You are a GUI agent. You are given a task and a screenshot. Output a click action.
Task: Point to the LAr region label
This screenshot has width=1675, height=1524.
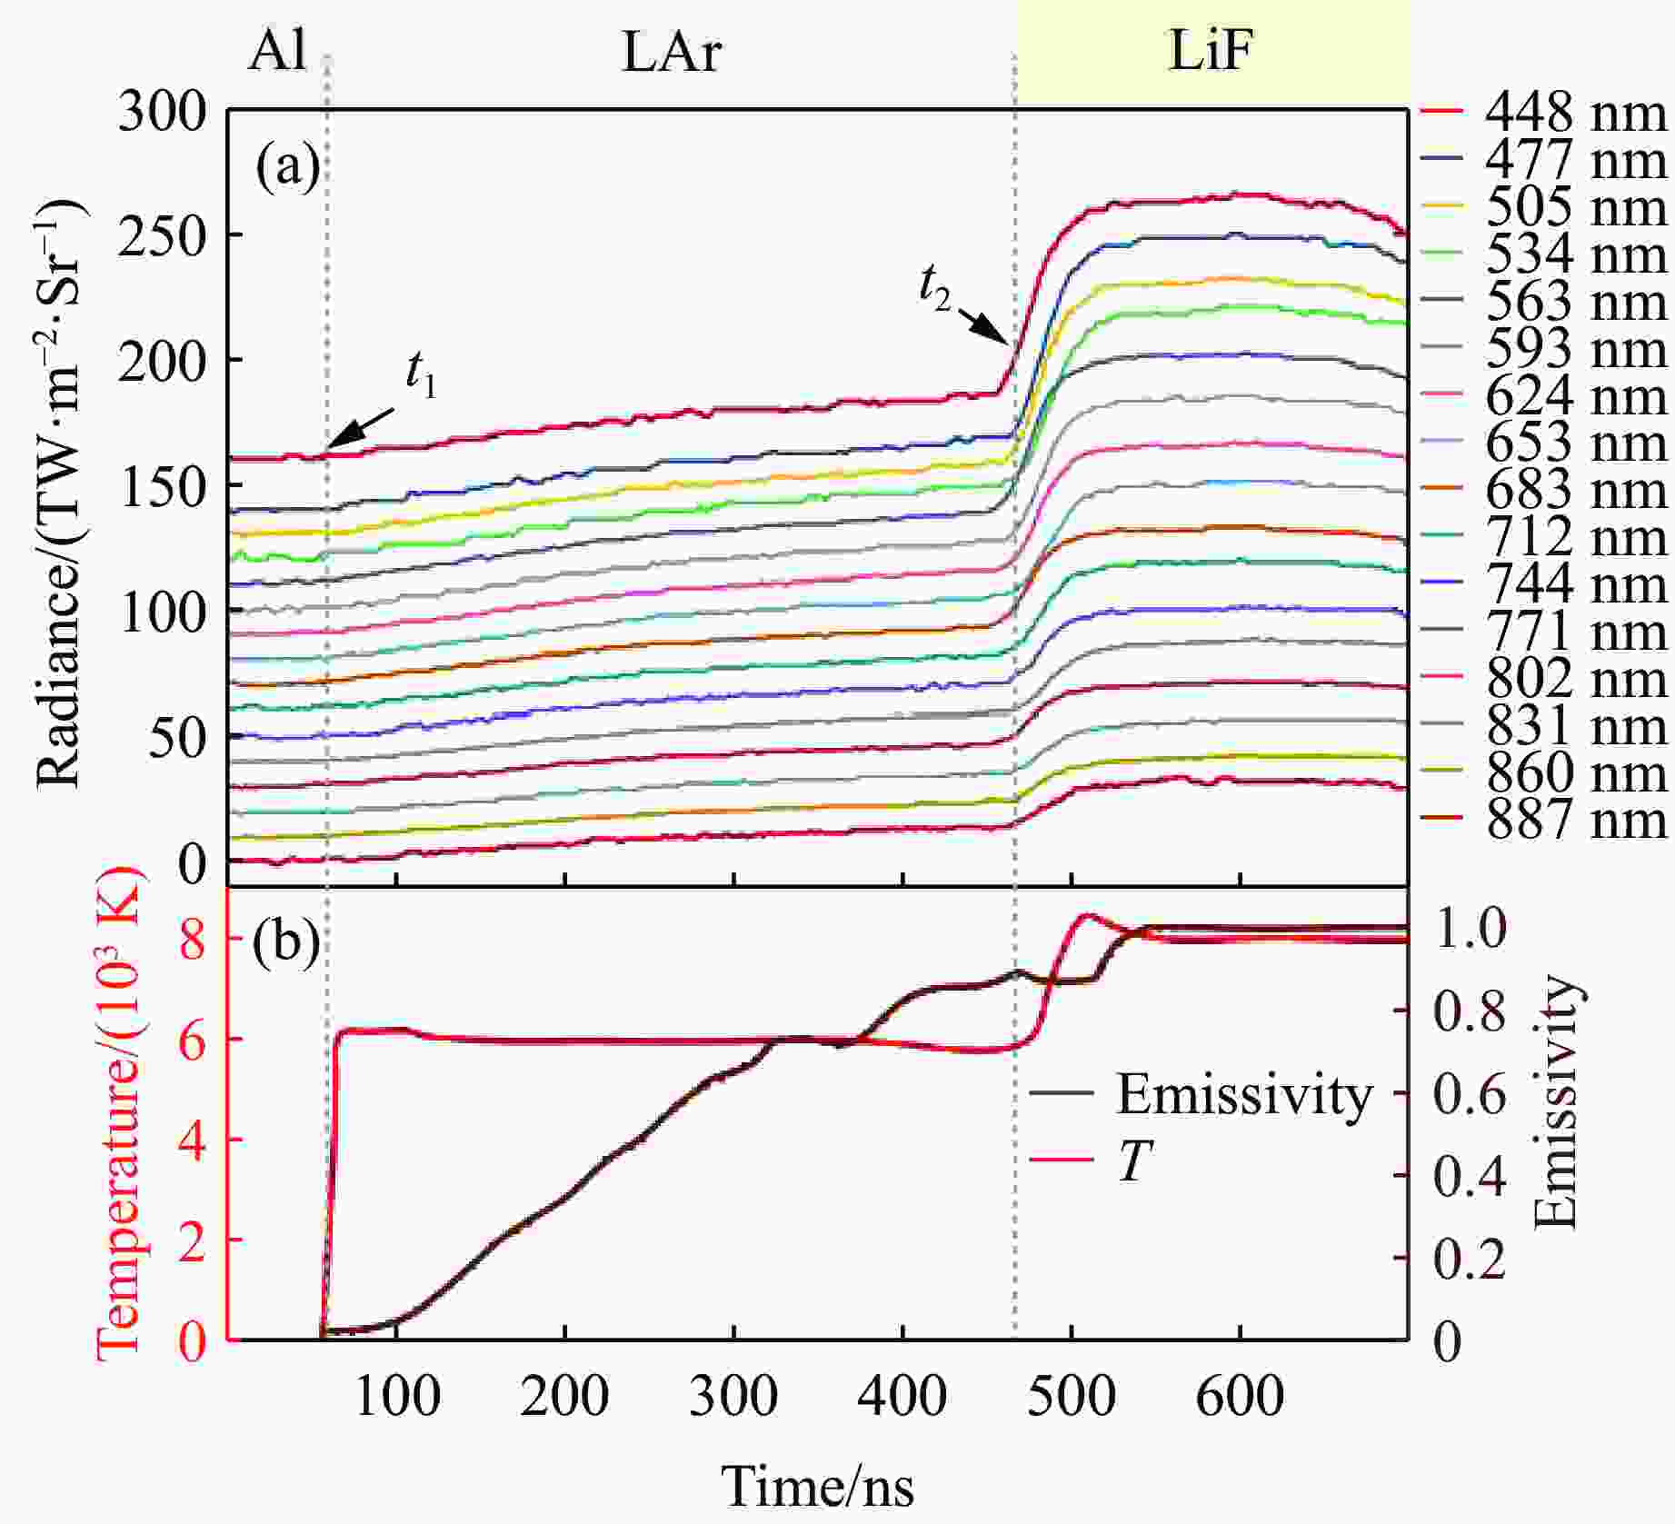pos(672,53)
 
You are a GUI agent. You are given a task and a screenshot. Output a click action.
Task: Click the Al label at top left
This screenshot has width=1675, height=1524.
pos(276,52)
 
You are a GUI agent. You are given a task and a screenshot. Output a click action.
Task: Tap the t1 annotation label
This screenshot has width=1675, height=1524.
pos(421,374)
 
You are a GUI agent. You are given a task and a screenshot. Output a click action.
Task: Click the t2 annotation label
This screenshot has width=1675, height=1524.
pos(934,290)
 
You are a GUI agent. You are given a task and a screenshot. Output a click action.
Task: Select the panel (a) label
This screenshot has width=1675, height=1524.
pos(287,167)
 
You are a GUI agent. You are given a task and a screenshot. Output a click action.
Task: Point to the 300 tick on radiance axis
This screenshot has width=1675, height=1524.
pos(164,113)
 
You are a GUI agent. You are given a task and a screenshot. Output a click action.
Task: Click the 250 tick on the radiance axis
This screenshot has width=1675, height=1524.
pos(164,237)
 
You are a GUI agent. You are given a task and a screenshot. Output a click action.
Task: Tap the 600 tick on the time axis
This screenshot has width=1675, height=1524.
pos(1240,1397)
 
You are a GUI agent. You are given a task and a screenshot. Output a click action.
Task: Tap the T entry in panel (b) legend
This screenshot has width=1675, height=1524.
pos(1134,1160)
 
